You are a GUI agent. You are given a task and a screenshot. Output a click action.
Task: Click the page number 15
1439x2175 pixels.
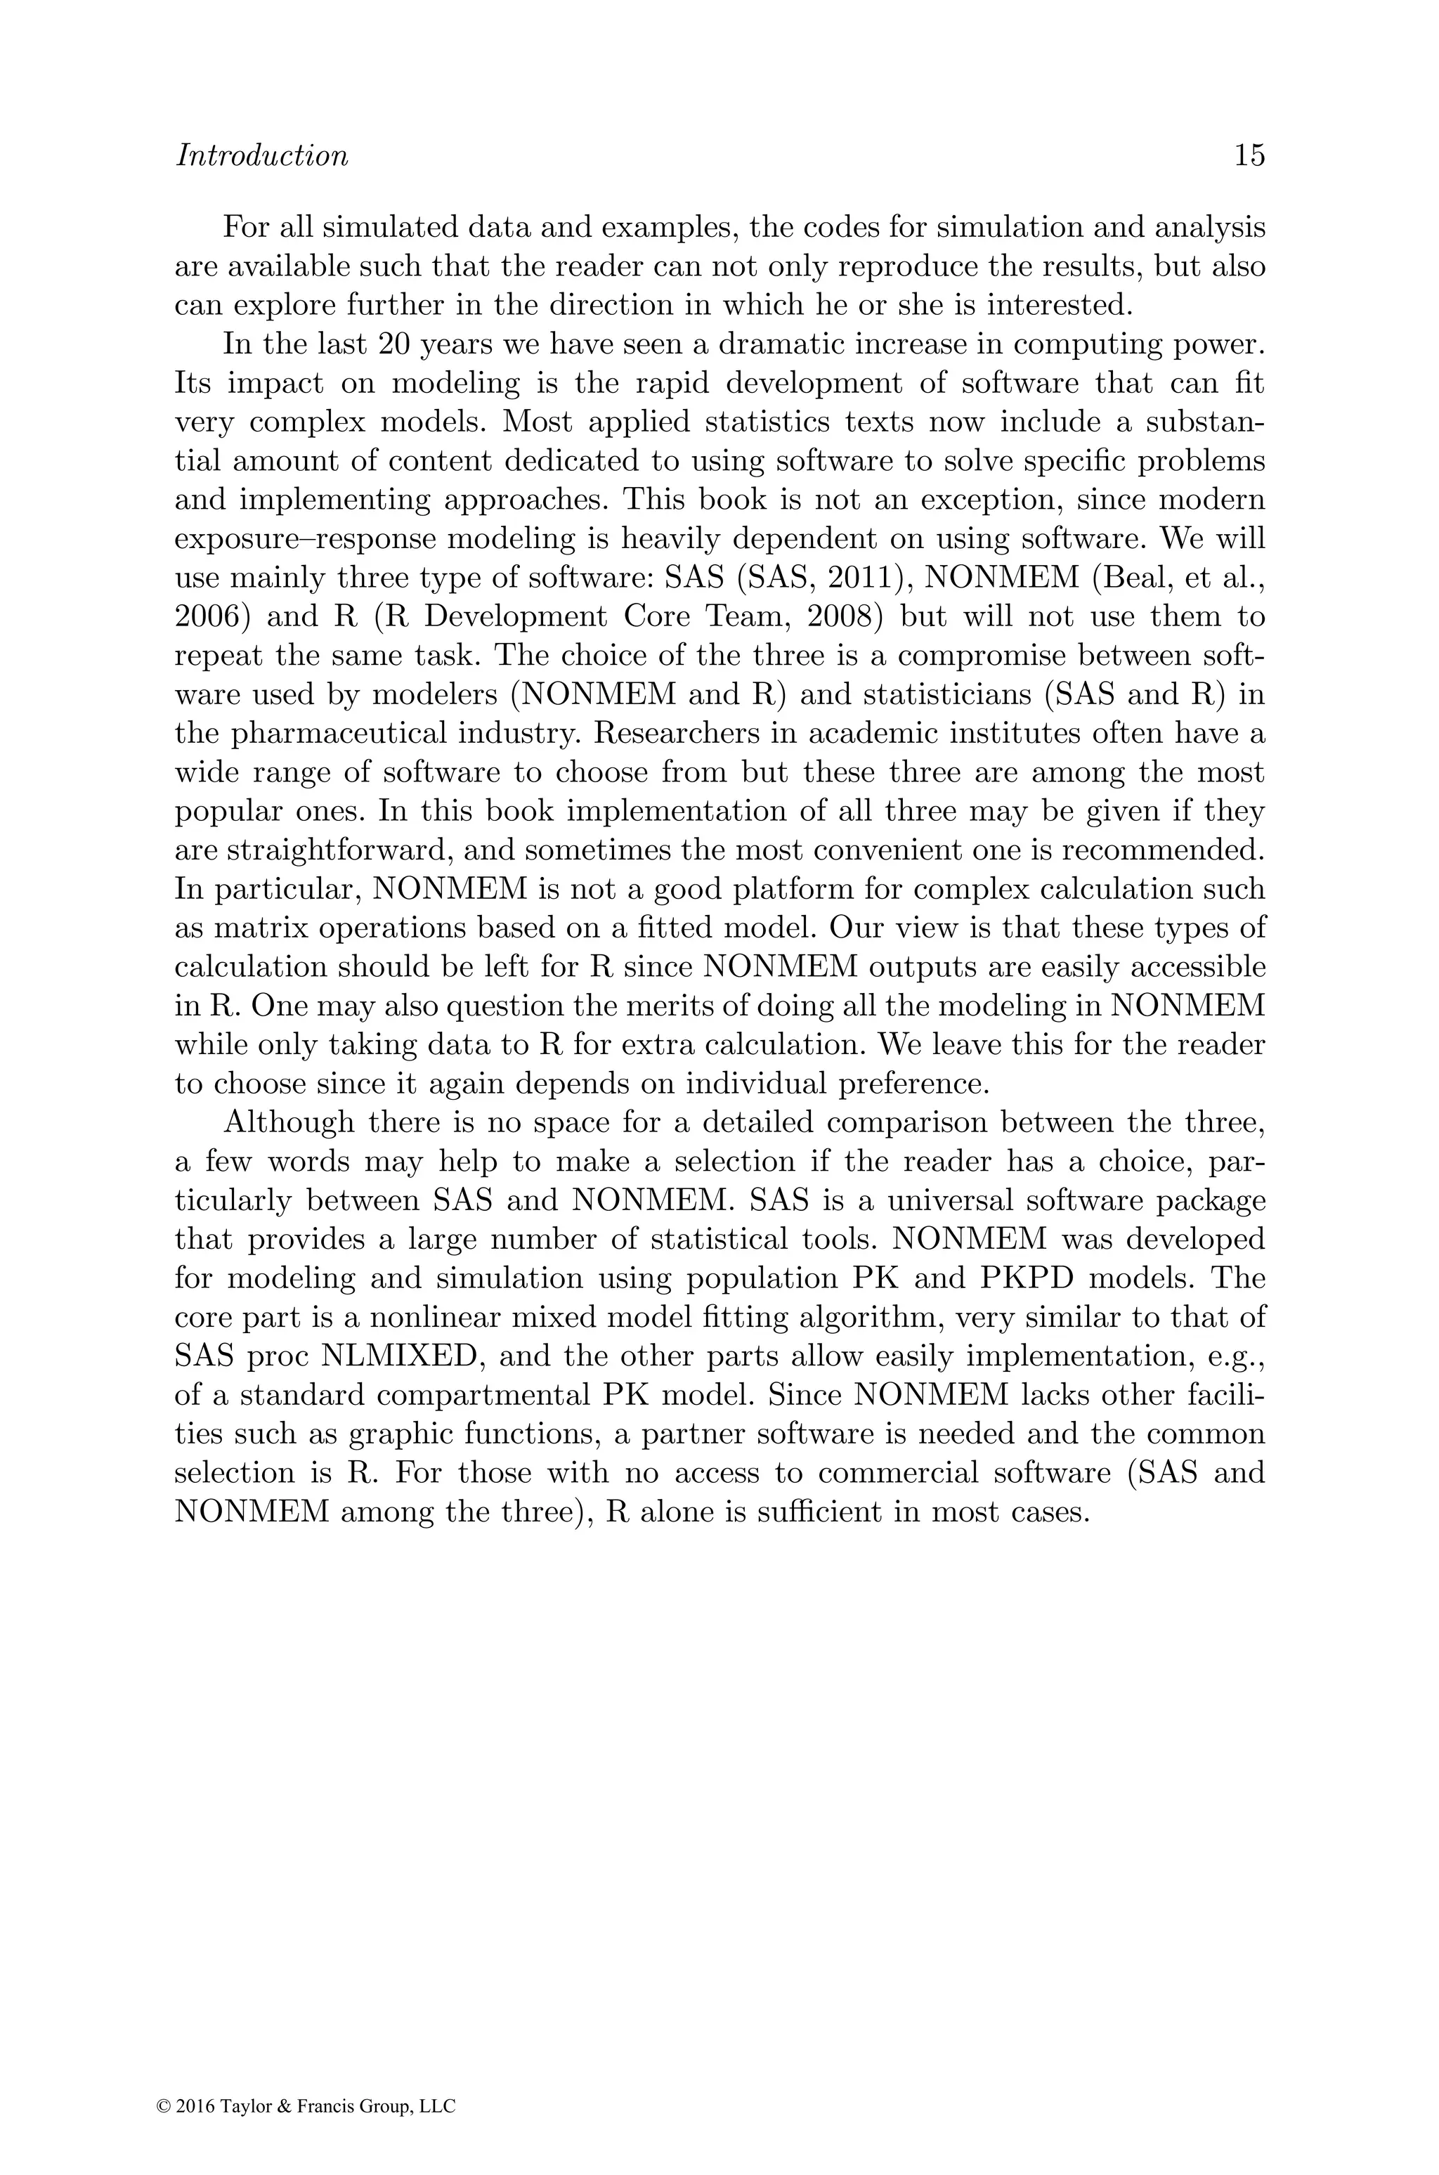[1249, 156]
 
